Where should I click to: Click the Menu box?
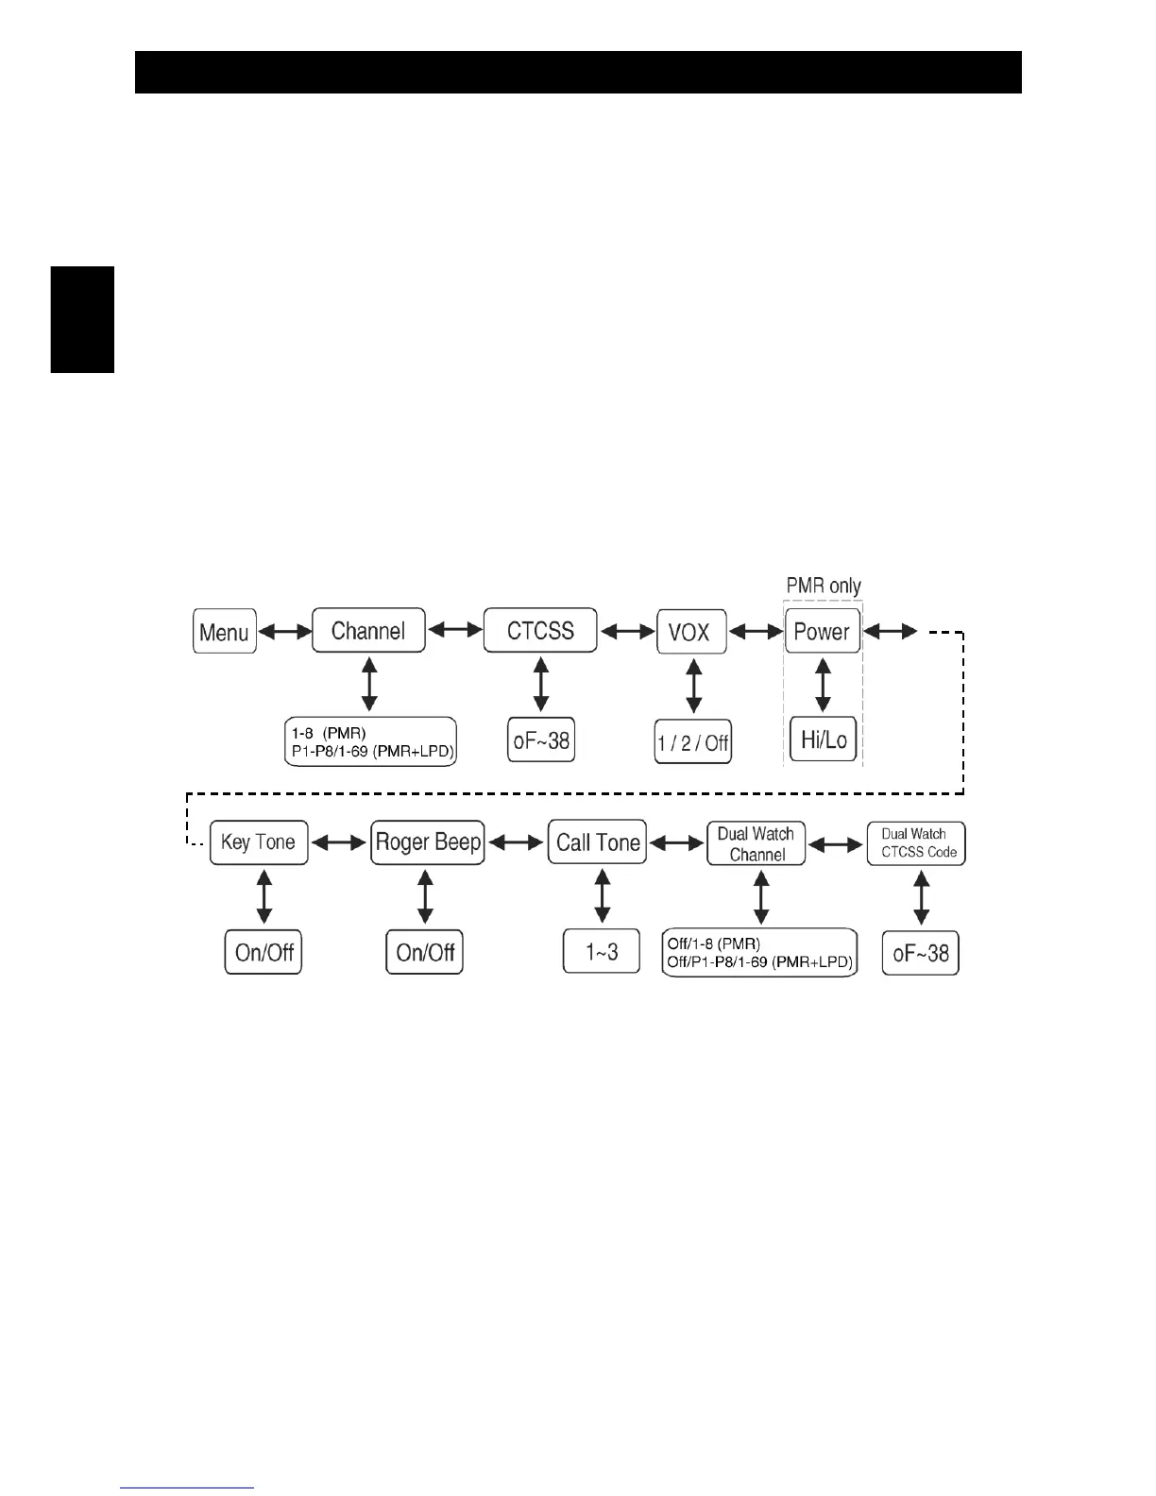[225, 632]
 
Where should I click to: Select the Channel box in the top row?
[368, 631]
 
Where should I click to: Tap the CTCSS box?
[540, 631]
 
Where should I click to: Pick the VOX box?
[691, 632]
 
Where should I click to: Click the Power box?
[823, 632]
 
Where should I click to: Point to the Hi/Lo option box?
[824, 739]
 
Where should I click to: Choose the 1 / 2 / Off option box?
[693, 742]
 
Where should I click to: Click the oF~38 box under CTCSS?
[541, 740]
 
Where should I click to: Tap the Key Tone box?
[258, 842]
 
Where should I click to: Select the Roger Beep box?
[428, 842]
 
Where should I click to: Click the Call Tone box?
[598, 842]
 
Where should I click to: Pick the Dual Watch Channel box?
[756, 843]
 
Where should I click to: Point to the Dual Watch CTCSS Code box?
[917, 843]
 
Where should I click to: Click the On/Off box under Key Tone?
[263, 952]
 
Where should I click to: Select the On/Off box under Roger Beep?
[425, 952]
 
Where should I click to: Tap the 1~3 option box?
[602, 951]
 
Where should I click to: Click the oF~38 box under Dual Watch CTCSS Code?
[921, 953]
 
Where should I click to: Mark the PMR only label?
[824, 586]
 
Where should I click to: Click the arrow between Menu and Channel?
[284, 632]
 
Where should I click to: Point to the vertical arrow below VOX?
[694, 687]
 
